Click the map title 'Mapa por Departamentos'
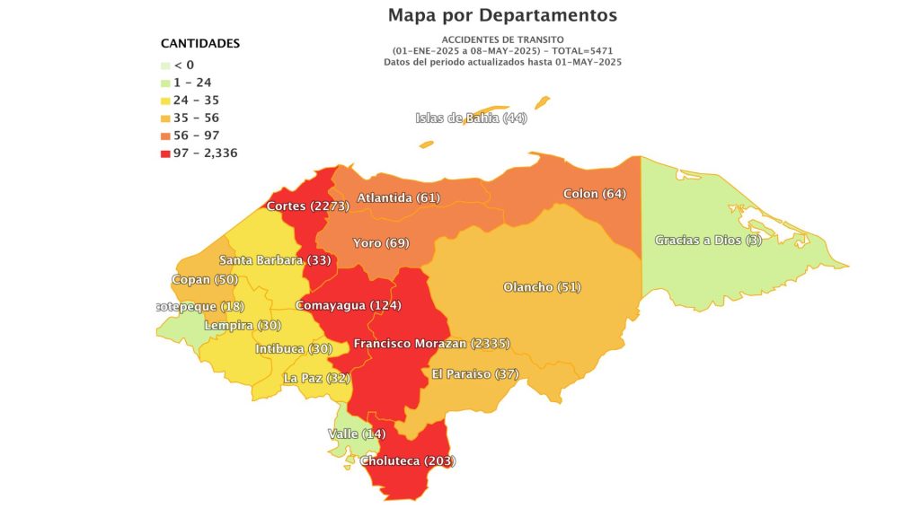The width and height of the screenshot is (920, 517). (x=502, y=15)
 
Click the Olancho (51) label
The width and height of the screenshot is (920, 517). (x=542, y=287)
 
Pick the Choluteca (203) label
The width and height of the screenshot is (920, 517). (x=407, y=461)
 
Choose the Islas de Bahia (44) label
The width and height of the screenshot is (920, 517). (x=471, y=118)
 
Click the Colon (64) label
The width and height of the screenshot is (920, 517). (x=594, y=194)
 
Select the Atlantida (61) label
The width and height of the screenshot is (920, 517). (x=398, y=197)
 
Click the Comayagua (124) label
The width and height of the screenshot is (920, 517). (x=348, y=305)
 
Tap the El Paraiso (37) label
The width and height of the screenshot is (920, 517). (x=474, y=373)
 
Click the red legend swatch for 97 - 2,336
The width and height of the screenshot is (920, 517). (x=165, y=153)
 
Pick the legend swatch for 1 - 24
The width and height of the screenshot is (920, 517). (x=165, y=83)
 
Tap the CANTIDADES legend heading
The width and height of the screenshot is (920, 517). (x=199, y=43)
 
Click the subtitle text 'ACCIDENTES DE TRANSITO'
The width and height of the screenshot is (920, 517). (x=502, y=40)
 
